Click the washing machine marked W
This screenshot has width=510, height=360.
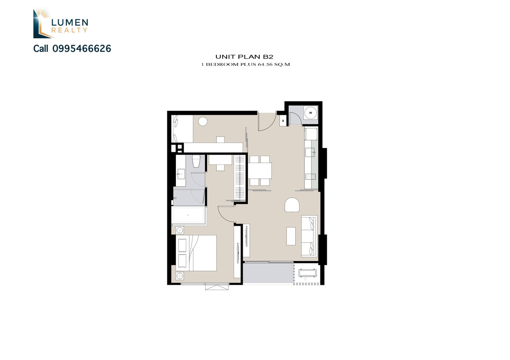pos(311,113)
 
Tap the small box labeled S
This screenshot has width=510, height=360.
pos(283,121)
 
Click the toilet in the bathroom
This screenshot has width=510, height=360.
pos(196,161)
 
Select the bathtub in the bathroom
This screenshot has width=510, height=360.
pos(188,215)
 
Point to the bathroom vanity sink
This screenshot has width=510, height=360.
pos(181,174)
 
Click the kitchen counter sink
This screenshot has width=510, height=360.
pos(310,152)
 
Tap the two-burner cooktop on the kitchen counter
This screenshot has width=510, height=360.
pos(310,176)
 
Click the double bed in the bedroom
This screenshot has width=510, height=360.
pos(196,253)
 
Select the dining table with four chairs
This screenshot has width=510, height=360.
pos(260,170)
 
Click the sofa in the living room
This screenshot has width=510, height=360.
pos(309,236)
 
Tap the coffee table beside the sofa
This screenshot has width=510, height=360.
pos(291,236)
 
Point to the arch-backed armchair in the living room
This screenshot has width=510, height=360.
pos(292,204)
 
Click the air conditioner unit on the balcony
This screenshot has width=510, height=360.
pos(308,273)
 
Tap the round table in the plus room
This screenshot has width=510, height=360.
pos(203,122)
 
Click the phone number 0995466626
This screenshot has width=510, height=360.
pos(82,48)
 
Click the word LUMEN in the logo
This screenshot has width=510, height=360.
pos(70,23)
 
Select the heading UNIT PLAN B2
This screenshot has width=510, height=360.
pos(244,57)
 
